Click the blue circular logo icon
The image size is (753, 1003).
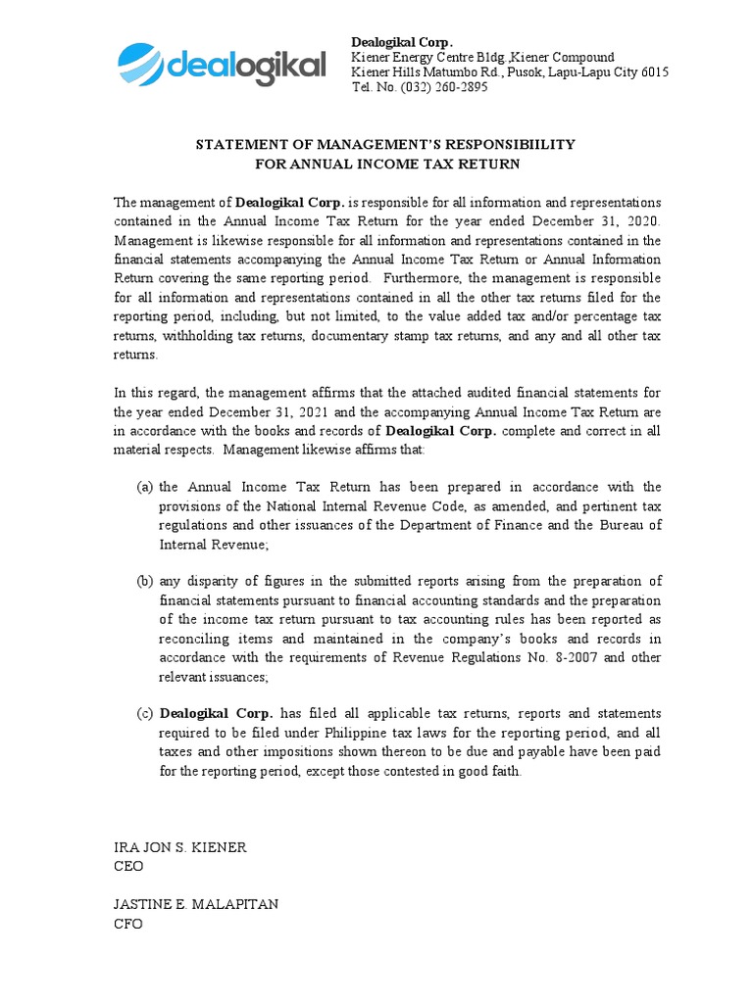pyautogui.click(x=141, y=65)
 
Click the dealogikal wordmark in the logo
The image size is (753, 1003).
pyautogui.click(x=246, y=67)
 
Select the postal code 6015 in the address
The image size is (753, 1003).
pyautogui.click(x=653, y=72)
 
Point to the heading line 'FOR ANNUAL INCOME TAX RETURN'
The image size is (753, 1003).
pyautogui.click(x=385, y=164)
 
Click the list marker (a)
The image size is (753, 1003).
pyautogui.click(x=145, y=487)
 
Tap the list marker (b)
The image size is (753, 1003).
pyautogui.click(x=145, y=581)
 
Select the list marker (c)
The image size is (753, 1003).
pyautogui.click(x=145, y=713)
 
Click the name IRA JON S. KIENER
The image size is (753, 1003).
pyautogui.click(x=180, y=847)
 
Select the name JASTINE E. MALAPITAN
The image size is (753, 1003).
pyautogui.click(x=196, y=904)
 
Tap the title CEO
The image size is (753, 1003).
pyautogui.click(x=128, y=866)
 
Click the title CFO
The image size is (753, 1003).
pyautogui.click(x=128, y=923)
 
